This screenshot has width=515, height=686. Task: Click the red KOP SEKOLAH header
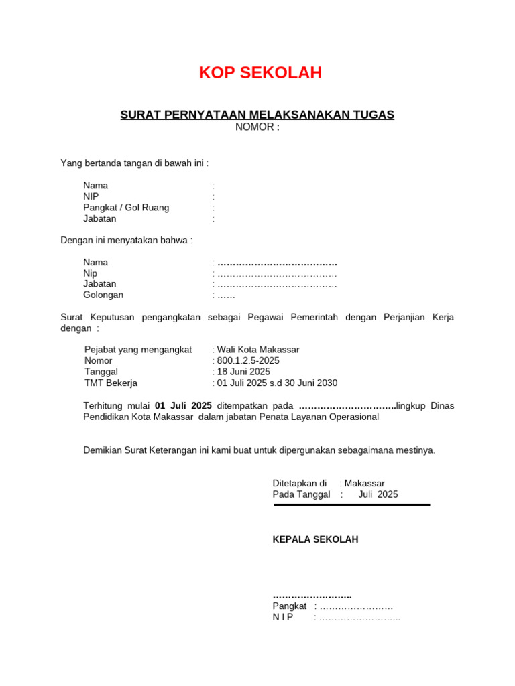pos(260,73)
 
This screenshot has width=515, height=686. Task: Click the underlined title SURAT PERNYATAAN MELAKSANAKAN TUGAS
pos(257,115)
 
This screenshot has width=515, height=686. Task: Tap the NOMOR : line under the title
pos(257,127)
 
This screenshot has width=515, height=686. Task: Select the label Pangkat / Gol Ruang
pos(126,208)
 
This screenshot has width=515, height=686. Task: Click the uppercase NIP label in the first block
pos(91,196)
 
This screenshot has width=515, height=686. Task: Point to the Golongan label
pos(103,295)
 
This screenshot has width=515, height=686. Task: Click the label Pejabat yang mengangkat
pos(138,350)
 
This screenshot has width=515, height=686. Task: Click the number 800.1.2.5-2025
pos(248,361)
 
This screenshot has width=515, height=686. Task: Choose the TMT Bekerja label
pos(111,383)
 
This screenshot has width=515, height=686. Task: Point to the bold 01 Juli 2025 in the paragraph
pos(183,405)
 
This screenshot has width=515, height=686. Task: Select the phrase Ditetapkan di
pos(299,484)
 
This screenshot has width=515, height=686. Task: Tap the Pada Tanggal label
pos(301,494)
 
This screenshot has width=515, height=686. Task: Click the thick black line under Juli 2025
pos(351,504)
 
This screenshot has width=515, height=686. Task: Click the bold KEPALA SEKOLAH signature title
pos(315,539)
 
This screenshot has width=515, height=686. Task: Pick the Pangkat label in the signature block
pos(289,606)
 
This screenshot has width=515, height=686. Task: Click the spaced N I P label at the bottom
pos(283,617)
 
